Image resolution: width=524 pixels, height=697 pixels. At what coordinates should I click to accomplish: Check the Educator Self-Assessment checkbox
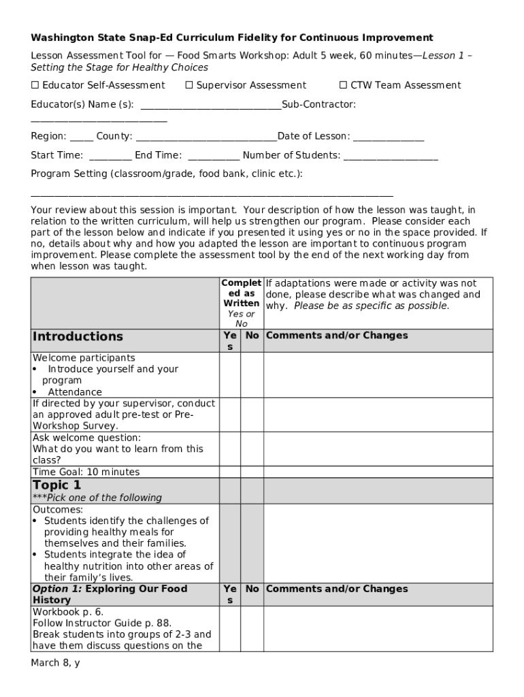(x=35, y=85)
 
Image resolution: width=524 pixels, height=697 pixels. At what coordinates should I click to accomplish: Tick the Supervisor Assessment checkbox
(x=189, y=85)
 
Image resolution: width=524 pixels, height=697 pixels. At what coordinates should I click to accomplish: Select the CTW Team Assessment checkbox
(x=343, y=85)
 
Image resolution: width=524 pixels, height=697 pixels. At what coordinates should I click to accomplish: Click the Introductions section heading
(x=78, y=336)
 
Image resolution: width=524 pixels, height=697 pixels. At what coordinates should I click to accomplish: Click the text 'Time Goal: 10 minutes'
(x=86, y=472)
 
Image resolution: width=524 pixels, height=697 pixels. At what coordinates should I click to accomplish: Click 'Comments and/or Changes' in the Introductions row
(x=337, y=336)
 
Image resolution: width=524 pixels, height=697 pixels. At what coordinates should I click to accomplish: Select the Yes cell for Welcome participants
(x=229, y=374)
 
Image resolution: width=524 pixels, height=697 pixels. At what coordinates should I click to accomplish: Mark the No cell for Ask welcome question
(x=252, y=449)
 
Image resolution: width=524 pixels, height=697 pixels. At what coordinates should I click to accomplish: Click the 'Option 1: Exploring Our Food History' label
(x=110, y=594)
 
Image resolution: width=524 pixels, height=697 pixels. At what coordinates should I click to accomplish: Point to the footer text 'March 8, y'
(x=55, y=662)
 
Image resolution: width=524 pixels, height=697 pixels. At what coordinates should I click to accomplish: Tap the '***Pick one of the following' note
(x=97, y=498)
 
